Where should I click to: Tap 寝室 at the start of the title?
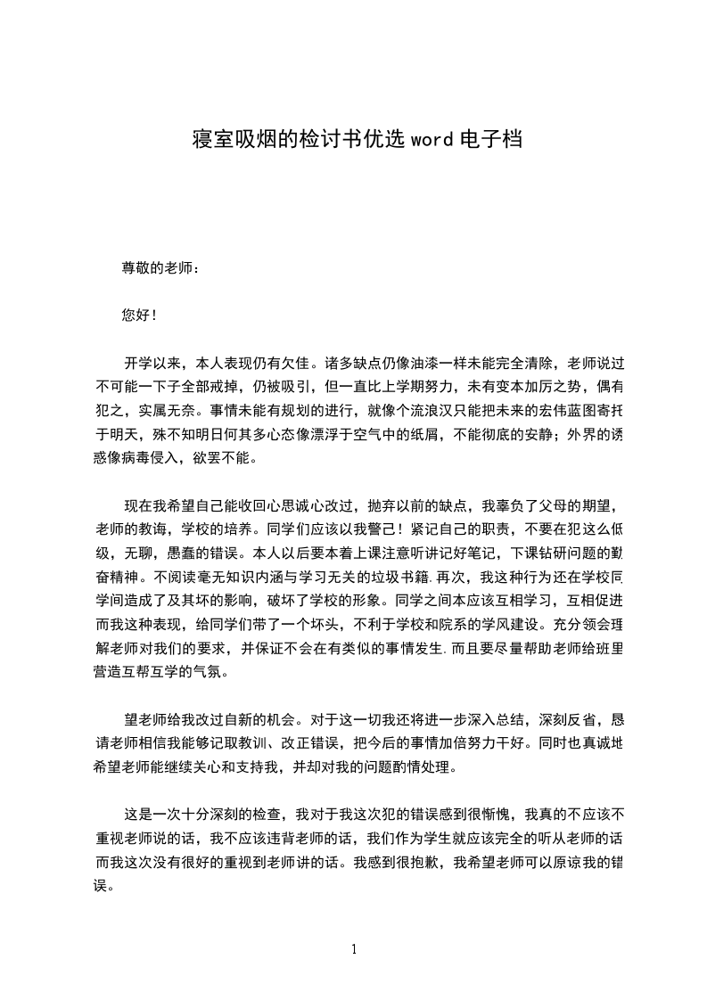[x=207, y=140]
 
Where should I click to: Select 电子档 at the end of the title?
[x=489, y=140]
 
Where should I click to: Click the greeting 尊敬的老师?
[x=157, y=267]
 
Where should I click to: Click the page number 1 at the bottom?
[x=354, y=949]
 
